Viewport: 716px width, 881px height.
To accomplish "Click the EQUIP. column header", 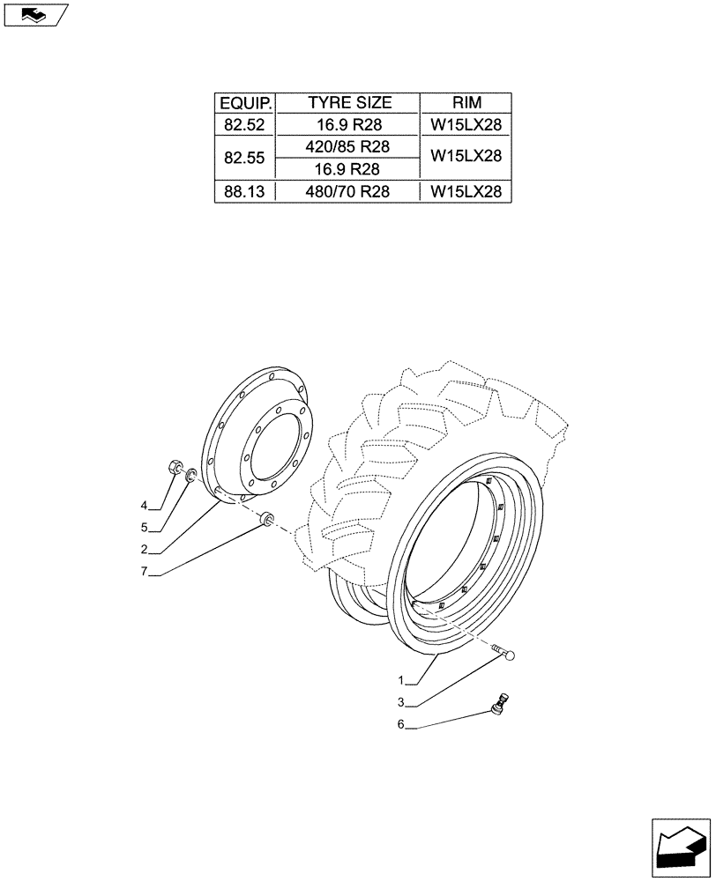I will point(245,103).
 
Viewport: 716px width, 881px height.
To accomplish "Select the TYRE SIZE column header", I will point(348,103).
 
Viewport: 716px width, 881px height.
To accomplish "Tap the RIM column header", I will point(466,103).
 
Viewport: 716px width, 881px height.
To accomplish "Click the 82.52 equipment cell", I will point(245,125).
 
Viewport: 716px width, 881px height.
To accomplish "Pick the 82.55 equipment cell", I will point(245,158).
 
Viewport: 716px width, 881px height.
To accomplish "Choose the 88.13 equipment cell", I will point(245,191).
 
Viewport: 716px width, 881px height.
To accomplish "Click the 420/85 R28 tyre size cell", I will point(348,146).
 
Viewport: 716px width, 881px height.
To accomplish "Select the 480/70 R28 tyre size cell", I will point(348,191).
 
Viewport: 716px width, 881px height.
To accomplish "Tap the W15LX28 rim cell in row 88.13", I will point(466,191).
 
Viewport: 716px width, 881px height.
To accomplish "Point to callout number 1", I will point(401,680).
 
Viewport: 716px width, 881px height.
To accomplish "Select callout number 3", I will point(401,703).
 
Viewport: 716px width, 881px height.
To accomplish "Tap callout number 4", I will point(143,506).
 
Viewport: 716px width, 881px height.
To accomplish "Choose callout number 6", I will point(401,725).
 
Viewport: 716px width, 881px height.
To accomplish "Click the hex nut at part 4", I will point(175,468).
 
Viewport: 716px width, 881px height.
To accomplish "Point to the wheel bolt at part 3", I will point(504,653).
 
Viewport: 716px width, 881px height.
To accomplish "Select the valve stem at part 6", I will point(501,702).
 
